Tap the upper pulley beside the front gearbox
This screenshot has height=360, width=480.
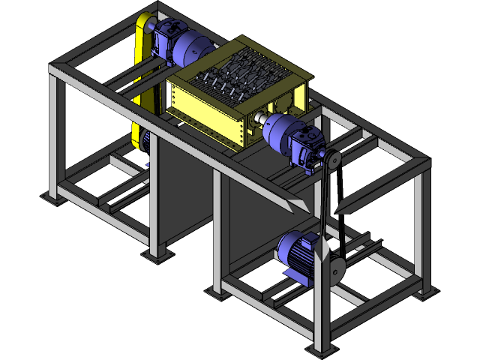pos(331,160)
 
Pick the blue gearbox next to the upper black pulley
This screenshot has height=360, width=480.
pos(308,147)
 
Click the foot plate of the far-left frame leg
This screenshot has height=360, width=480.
pos(52,198)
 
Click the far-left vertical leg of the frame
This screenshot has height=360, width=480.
pos(54,135)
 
